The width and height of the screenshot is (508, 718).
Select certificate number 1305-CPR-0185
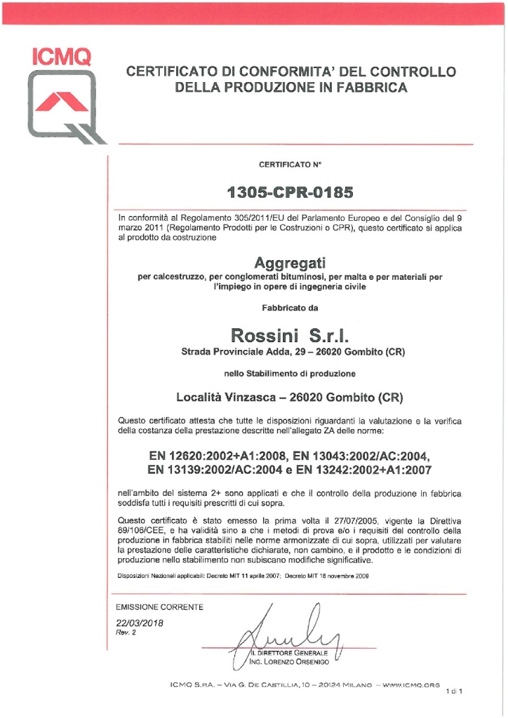pyautogui.click(x=290, y=191)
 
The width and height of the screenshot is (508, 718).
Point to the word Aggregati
pyautogui.click(x=290, y=264)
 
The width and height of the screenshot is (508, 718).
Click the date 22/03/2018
pyautogui.click(x=139, y=622)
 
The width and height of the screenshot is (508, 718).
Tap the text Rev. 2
pyautogui.click(x=126, y=632)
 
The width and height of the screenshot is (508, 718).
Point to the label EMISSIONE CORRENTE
pyautogui.click(x=159, y=607)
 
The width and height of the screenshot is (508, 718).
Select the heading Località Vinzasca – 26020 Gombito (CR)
pyautogui.click(x=290, y=398)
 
